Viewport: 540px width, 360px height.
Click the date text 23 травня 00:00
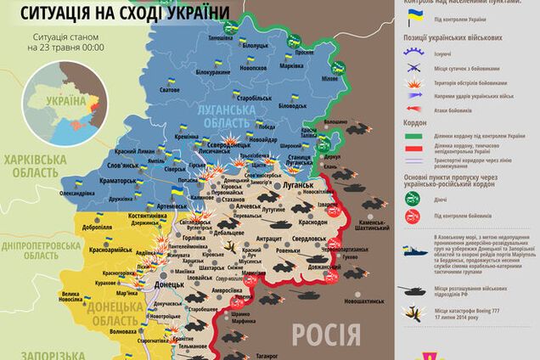click(x=65, y=49)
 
